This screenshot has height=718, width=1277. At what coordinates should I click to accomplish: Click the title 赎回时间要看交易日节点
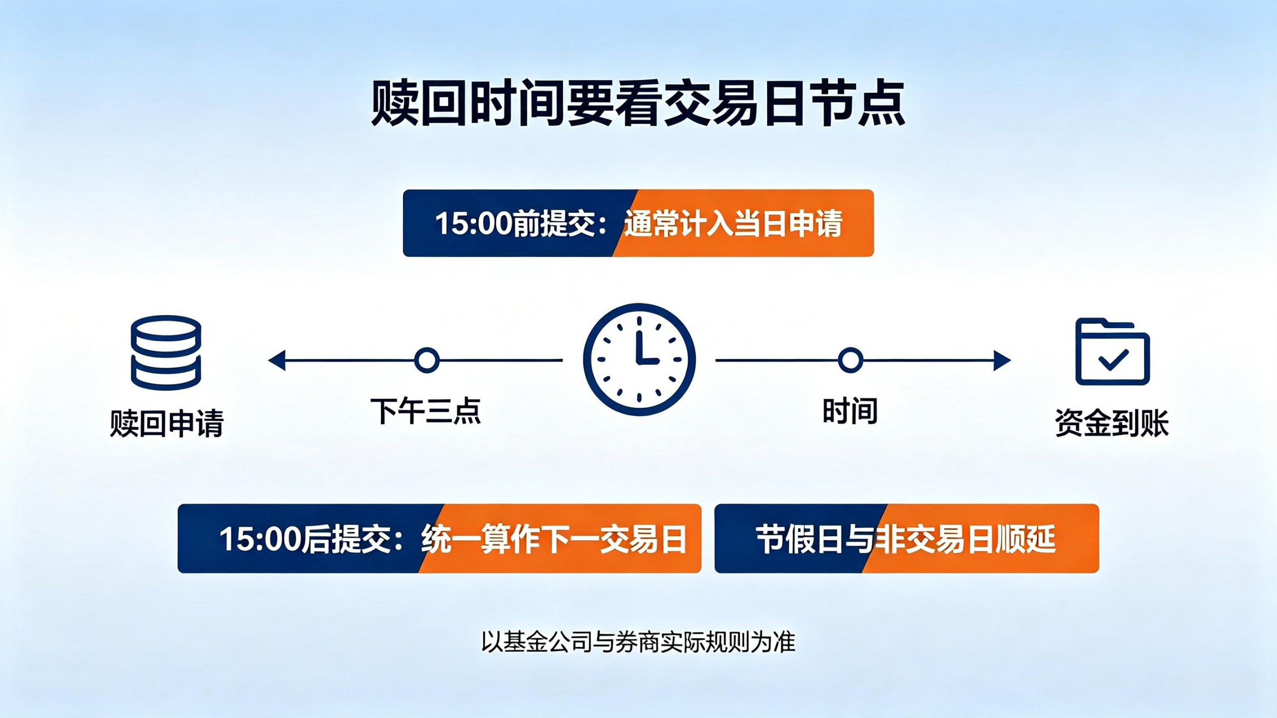pos(638,104)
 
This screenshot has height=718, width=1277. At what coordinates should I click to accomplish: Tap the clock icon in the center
pos(639,359)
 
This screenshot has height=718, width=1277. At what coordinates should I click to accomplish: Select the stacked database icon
pos(166,353)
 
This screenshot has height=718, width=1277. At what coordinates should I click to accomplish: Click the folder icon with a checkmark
pos(1112,352)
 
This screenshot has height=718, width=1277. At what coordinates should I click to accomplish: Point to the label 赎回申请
pos(167,423)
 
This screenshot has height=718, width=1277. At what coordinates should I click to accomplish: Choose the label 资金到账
pos(1112,423)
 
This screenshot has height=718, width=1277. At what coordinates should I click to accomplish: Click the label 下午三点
pos(426,411)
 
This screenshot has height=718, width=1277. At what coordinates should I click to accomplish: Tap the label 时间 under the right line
pos(850,411)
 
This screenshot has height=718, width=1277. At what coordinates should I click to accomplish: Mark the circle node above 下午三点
pos(426,360)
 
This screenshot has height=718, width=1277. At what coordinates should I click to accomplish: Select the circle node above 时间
pos(851,360)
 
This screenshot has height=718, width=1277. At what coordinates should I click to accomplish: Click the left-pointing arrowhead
pos(277,360)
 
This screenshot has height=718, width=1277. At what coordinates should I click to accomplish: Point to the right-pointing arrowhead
pos(1003,360)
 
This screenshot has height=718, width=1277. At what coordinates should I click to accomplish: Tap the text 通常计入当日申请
pos(733,223)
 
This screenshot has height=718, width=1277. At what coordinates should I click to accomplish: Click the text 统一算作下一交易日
pos(554,539)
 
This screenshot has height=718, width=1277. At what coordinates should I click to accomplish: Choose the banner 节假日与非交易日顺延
pos(907,538)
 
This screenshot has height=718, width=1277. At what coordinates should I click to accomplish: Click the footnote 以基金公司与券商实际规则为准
pos(638,642)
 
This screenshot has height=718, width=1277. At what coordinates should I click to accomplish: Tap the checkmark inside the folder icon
pos(1113,359)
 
